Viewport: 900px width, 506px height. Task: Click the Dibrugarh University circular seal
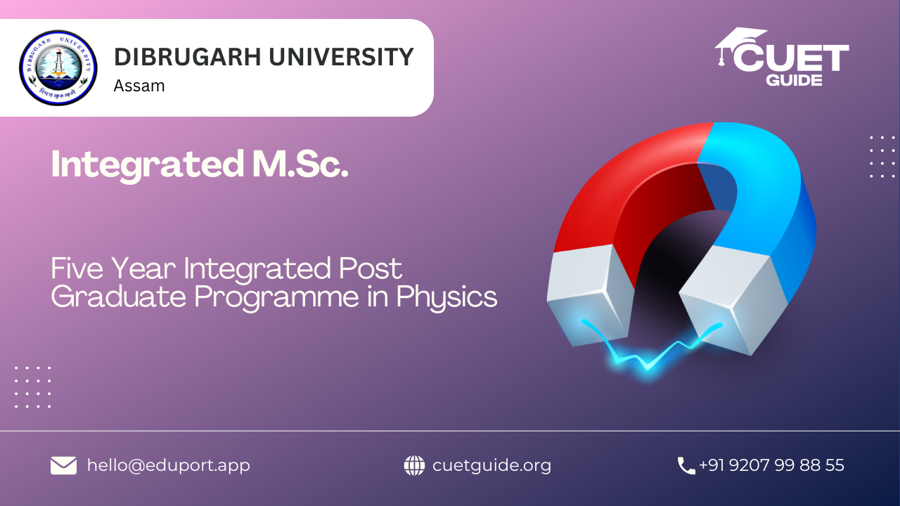[58, 67]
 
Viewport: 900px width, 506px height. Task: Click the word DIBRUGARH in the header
[188, 57]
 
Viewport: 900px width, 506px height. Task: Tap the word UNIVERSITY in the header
[341, 57]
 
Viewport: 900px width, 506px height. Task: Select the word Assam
[139, 86]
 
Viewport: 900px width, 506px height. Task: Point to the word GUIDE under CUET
[794, 80]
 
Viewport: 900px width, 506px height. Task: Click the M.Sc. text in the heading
[300, 164]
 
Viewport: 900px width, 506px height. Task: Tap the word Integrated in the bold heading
[148, 165]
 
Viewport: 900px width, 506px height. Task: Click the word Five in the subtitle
[77, 268]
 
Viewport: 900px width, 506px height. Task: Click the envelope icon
[63, 465]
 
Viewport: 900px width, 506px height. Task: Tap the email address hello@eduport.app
[169, 465]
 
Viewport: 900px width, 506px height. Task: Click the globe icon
[414, 465]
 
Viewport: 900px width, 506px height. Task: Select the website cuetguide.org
[491, 466]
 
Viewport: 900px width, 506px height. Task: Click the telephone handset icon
[686, 466]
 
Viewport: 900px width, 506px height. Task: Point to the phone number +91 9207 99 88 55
[771, 465]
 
